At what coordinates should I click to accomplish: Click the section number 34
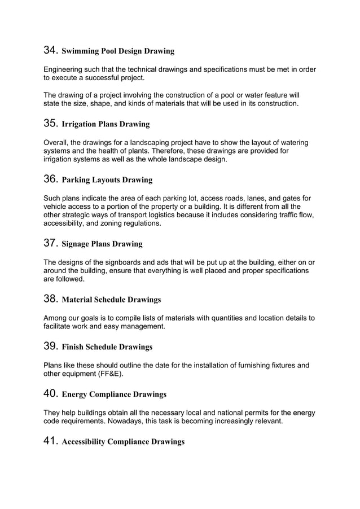coord(50,50)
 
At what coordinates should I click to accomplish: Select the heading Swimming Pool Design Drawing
coord(117,51)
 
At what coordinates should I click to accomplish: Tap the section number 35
coord(50,122)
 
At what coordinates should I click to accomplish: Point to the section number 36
coord(50,179)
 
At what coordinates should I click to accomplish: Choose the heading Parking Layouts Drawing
coord(107,180)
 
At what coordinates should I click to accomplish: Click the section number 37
coord(50,243)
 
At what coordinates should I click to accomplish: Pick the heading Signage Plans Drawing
coord(102,244)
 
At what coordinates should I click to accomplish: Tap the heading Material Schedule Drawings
coord(111,299)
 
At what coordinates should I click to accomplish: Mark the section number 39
coord(50,345)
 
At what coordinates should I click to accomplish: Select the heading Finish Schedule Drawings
coord(107,346)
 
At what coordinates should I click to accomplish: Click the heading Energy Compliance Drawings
coord(113,394)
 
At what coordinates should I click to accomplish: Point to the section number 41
coord(50,440)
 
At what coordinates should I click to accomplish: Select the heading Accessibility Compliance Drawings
coord(123,441)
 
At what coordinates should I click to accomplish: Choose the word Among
coord(56,318)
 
